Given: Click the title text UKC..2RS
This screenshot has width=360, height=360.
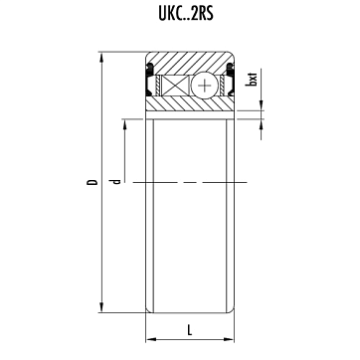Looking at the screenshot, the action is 186,14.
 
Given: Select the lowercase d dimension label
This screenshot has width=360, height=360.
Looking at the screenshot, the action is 115,181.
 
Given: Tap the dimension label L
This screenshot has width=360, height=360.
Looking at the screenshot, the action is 190,330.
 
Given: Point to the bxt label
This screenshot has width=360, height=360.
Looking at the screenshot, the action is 253,80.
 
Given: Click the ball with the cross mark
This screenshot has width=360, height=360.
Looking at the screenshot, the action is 205,86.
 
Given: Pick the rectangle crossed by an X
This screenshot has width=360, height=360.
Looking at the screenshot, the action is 175,86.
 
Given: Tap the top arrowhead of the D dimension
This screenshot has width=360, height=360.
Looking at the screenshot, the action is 101,57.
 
